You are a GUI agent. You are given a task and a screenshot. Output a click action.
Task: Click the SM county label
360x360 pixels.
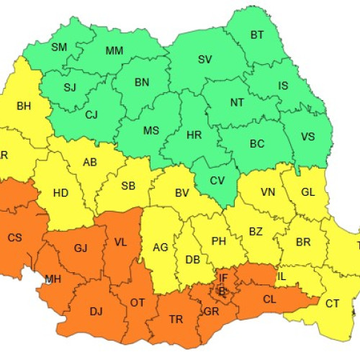59,47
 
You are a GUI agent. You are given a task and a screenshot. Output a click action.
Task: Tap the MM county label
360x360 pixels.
114,50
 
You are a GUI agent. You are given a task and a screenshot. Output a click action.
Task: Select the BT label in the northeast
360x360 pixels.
256,35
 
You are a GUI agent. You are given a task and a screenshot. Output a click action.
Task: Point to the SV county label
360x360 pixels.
205,58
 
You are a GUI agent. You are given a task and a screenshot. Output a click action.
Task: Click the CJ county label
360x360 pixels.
91,114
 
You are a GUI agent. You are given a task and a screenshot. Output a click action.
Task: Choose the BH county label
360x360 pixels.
24,106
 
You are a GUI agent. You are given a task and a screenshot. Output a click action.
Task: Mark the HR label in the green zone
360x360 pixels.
194,135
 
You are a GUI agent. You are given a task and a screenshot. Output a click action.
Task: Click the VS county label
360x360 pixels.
307,136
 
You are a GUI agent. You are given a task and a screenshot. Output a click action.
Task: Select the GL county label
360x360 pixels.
307,192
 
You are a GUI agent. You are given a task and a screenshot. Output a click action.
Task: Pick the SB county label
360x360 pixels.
128,186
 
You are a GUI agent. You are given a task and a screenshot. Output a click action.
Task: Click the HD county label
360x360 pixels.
61,194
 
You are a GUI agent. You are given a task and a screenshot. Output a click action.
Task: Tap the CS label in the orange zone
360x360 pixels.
14,238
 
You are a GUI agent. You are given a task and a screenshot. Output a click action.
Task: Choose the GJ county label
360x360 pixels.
80,248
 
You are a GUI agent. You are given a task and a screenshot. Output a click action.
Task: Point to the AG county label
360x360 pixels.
161,247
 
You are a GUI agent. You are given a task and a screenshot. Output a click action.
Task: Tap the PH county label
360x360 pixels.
220,240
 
